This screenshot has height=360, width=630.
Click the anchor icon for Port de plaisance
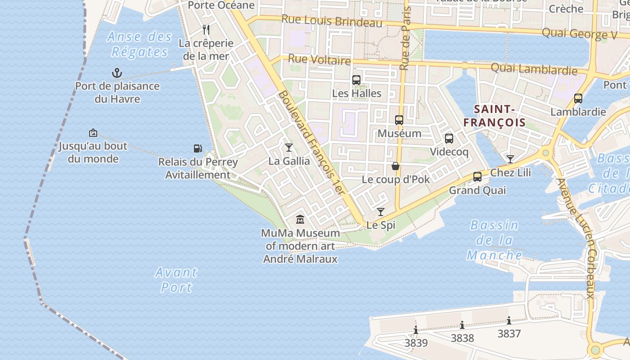pyautogui.click(x=117, y=72)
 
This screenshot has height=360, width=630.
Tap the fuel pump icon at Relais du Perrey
pyautogui.click(x=198, y=148)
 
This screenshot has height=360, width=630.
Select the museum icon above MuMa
pyautogui.click(x=300, y=220)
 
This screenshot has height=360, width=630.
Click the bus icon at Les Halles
pyautogui.click(x=356, y=80)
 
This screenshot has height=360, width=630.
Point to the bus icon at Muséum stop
pyautogui.click(x=399, y=120)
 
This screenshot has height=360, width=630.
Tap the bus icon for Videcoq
pyautogui.click(x=449, y=139)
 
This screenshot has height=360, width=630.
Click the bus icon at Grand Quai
pyautogui.click(x=477, y=177)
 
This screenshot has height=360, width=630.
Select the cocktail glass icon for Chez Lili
pyautogui.click(x=510, y=159)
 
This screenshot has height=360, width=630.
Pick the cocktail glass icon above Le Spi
pyautogui.click(x=381, y=211)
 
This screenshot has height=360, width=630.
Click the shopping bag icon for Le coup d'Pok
pyautogui.click(x=396, y=166)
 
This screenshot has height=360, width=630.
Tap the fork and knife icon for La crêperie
pyautogui.click(x=206, y=30)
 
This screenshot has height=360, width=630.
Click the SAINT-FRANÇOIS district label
pyautogui.click(x=495, y=116)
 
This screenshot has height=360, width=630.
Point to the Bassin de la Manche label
pyautogui.click(x=494, y=240)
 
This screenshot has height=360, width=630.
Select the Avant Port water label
pyautogui.click(x=176, y=279)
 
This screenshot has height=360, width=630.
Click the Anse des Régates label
pyautogui.click(x=139, y=44)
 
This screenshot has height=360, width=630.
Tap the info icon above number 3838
pyautogui.click(x=462, y=325)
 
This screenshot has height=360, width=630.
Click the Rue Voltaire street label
pyautogui.click(x=319, y=59)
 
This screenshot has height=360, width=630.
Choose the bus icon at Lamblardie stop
pyautogui.click(x=578, y=98)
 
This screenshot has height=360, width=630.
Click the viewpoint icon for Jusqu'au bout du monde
pyautogui.click(x=93, y=133)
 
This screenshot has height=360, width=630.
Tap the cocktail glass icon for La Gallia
pyautogui.click(x=289, y=148)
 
